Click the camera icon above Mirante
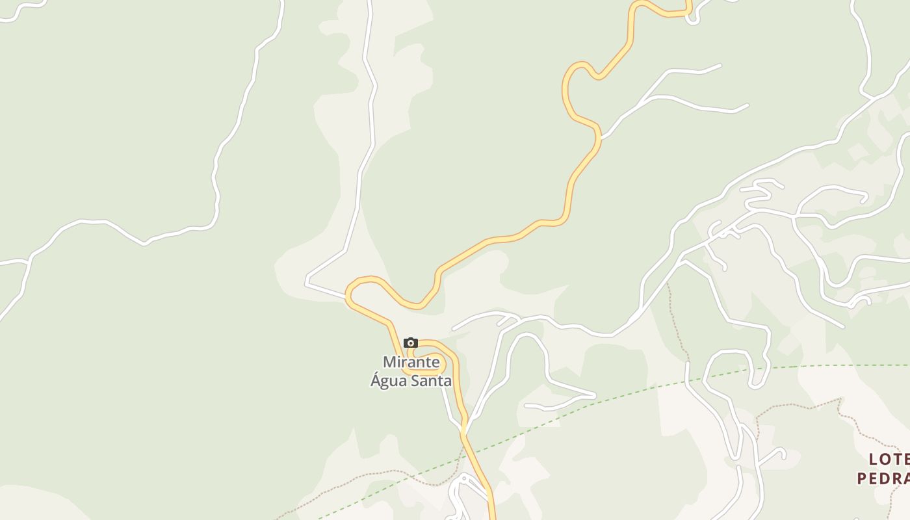point(410,343)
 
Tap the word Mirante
point(411,362)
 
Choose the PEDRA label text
point(883,479)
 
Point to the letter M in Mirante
point(389,362)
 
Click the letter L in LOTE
point(874,460)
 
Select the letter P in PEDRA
point(863,479)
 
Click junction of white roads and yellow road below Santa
point(464,430)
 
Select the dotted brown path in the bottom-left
point(364,478)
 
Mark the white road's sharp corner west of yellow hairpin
point(307,283)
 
